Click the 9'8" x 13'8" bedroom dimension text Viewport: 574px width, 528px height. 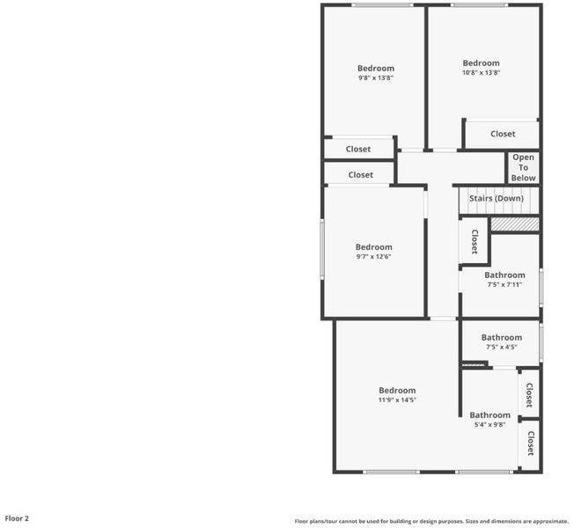(376, 77)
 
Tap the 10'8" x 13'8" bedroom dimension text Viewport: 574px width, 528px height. (481, 72)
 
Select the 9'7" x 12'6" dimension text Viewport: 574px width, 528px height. (374, 256)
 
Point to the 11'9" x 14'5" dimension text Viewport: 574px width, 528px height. (397, 400)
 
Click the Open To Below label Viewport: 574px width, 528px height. (523, 167)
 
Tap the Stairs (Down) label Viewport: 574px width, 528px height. (497, 198)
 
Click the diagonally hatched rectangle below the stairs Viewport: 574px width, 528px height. (515, 224)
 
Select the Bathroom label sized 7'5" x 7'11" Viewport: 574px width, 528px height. (504, 275)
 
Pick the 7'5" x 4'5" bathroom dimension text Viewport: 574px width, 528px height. (502, 347)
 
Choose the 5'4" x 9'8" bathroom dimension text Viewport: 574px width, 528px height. (489, 424)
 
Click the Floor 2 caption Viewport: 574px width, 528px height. (17, 518)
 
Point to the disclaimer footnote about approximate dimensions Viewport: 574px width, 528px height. (431, 521)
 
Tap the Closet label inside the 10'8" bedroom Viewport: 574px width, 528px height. (503, 134)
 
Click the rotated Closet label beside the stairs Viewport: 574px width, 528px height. (475, 241)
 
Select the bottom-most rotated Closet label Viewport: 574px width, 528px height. (531, 444)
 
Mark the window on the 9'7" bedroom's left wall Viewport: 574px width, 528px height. (322, 250)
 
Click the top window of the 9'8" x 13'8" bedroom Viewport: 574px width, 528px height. (383, 5)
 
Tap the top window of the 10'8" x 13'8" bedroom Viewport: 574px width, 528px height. (479, 5)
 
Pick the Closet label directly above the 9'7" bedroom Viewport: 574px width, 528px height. (361, 175)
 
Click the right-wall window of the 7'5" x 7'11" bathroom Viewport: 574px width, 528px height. (541, 287)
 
